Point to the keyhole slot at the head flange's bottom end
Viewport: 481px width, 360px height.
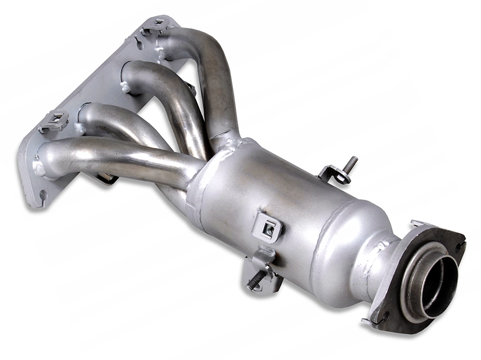[x=43, y=195]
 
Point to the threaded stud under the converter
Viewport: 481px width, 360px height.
[x=256, y=279]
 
